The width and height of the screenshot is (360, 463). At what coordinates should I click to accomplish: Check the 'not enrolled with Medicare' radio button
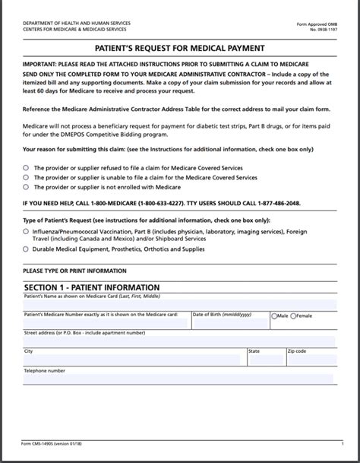[x=27, y=186]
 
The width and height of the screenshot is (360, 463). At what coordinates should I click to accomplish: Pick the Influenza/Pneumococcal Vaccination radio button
[x=27, y=230]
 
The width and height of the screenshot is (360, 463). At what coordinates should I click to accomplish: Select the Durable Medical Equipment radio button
[x=27, y=249]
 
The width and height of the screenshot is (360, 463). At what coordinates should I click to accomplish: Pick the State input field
[x=264, y=360]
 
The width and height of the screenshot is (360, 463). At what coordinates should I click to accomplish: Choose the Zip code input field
[x=310, y=360]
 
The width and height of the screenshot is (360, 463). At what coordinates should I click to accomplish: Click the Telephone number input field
[x=105, y=379]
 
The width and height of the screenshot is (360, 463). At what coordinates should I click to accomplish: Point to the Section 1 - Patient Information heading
[x=91, y=287]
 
